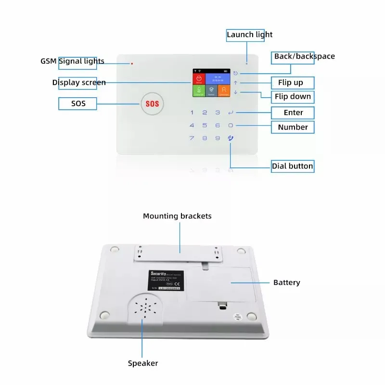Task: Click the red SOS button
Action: tap(152, 103)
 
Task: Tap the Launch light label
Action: tap(249, 35)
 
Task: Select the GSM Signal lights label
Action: tap(72, 61)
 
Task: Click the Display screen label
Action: tap(79, 82)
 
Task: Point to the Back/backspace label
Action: tap(304, 56)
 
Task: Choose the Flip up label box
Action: tap(290, 82)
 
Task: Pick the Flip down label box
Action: tap(293, 96)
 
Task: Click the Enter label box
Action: tap(293, 113)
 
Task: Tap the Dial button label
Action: tap(292, 166)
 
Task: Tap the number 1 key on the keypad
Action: tap(192, 113)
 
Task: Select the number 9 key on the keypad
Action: tap(218, 138)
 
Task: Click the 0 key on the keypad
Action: tap(231, 126)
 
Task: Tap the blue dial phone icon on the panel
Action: tap(231, 138)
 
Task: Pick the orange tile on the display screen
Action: tap(223, 90)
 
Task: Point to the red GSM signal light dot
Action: tap(131, 63)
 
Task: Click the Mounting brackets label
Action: tap(177, 216)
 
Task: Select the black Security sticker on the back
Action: tap(165, 280)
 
